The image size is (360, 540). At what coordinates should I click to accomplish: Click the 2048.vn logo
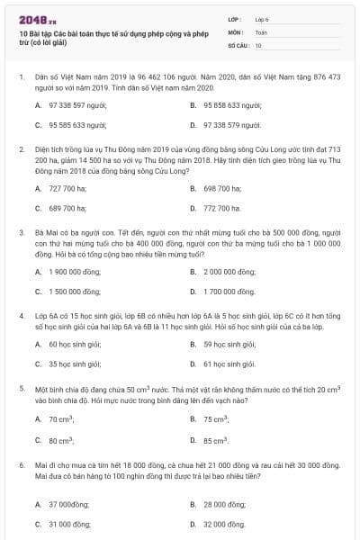(33, 18)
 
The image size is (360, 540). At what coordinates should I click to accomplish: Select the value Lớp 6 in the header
(262, 18)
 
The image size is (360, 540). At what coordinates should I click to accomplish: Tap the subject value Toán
(261, 31)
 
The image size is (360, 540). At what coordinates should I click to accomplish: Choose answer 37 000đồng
(69, 504)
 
